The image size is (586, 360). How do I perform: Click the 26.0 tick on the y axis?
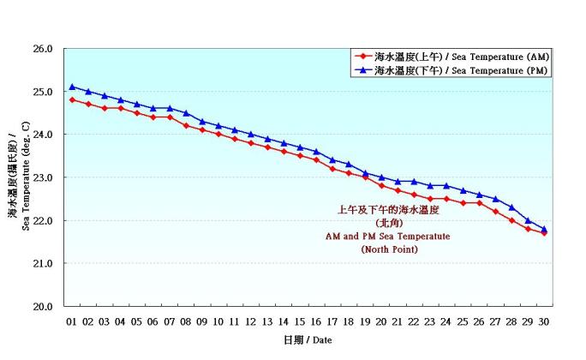pyautogui.click(x=42, y=49)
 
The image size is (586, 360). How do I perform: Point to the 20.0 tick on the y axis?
pyautogui.click(x=42, y=306)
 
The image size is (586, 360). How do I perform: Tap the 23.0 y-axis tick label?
pyautogui.click(x=42, y=177)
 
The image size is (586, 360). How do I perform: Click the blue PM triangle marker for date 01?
pyautogui.click(x=72, y=87)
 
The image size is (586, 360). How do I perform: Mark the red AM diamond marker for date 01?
pyautogui.click(x=72, y=99)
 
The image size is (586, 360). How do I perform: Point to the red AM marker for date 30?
pyautogui.click(x=545, y=232)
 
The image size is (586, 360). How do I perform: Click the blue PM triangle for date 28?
pyautogui.click(x=512, y=207)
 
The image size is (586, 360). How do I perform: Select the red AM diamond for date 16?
pyautogui.click(x=316, y=159)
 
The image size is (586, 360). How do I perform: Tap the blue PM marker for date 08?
pyautogui.click(x=186, y=112)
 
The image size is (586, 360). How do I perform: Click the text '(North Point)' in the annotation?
pyautogui.click(x=389, y=249)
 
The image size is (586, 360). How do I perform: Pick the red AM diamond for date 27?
pyautogui.click(x=496, y=211)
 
